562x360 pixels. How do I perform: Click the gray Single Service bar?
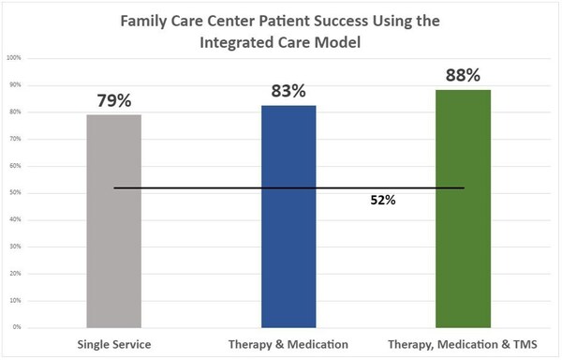(x=114, y=221)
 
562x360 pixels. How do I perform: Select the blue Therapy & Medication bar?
(x=288, y=217)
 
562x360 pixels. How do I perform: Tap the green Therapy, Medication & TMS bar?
(x=463, y=209)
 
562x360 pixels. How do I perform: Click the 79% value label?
(x=114, y=100)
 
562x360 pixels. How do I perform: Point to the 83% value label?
(x=288, y=91)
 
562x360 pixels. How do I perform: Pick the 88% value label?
(x=463, y=75)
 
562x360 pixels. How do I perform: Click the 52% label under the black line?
(x=383, y=200)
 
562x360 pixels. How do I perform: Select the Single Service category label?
(x=114, y=345)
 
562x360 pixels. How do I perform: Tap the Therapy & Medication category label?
(x=288, y=345)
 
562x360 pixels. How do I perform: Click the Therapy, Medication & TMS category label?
(x=463, y=345)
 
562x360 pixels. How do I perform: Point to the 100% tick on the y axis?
(x=14, y=58)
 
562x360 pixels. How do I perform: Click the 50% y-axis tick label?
(x=15, y=192)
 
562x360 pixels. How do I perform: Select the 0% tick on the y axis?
(x=17, y=327)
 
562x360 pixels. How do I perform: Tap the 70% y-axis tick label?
(x=15, y=139)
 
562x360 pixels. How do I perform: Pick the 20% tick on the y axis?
(x=15, y=273)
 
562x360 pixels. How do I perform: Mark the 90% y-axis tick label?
(x=15, y=85)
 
